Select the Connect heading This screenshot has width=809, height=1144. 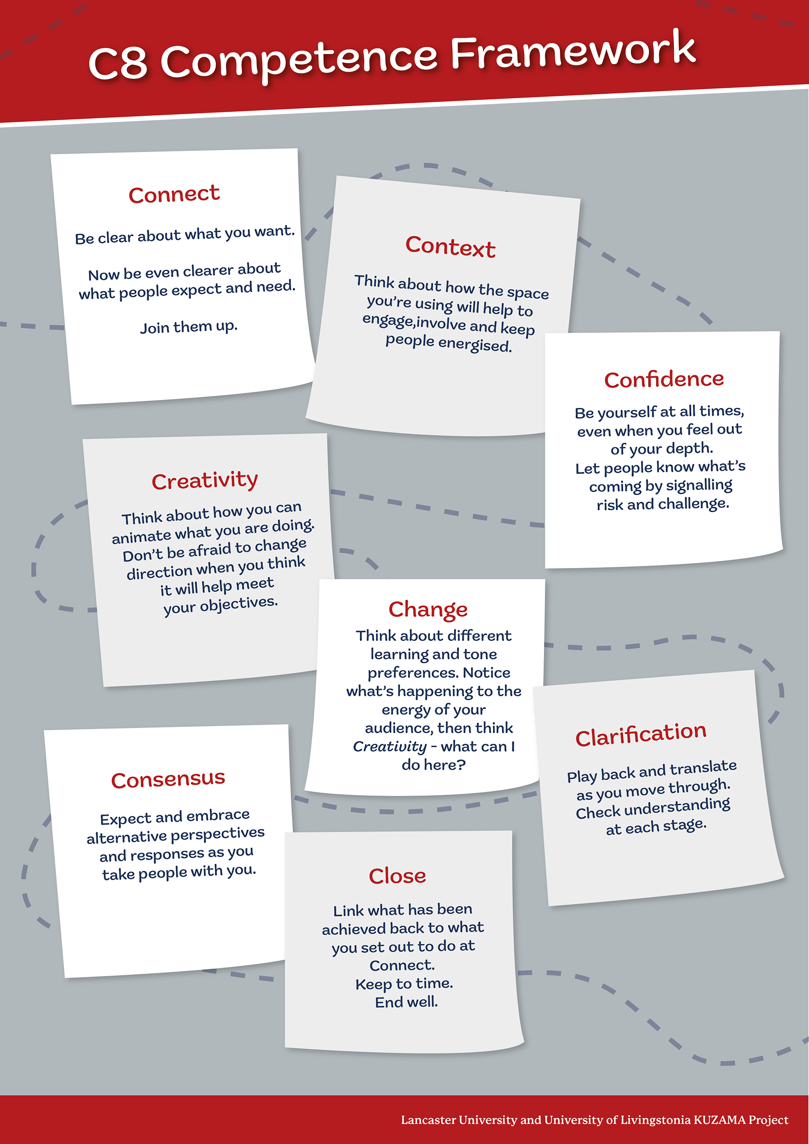[x=174, y=194]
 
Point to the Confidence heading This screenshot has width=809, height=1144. [x=664, y=379]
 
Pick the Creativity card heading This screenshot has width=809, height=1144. [x=205, y=480]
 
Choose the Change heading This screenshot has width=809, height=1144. [x=428, y=609]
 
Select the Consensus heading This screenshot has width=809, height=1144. [x=168, y=779]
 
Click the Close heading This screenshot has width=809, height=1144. [x=397, y=876]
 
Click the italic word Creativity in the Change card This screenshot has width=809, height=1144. [x=390, y=746]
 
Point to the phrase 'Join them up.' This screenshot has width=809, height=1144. [x=189, y=327]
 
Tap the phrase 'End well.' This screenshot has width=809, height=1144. [x=406, y=1002]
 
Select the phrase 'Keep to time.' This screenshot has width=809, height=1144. [x=404, y=983]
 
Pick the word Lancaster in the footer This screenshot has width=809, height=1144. [x=428, y=1120]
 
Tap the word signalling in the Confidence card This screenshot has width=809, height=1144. [x=699, y=485]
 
